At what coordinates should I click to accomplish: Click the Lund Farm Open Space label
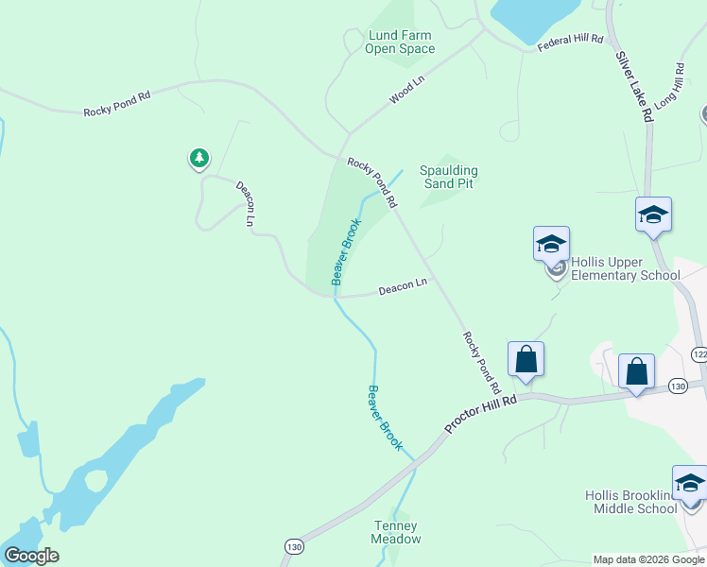[400, 43]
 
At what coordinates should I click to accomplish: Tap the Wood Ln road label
[407, 92]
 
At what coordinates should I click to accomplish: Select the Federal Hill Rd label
[570, 43]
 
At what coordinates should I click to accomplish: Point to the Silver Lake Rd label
[634, 86]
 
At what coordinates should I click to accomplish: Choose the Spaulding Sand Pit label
[449, 177]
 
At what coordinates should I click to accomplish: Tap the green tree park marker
[198, 158]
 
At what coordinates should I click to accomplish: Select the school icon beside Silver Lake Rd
[653, 215]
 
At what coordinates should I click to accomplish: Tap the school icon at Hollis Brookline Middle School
[690, 483]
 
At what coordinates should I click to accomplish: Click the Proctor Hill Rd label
[482, 414]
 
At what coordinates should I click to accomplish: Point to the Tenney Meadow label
[397, 532]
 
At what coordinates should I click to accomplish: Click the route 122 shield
[699, 353]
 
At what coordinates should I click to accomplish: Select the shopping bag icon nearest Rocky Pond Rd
[526, 359]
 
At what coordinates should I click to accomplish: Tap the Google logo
[31, 556]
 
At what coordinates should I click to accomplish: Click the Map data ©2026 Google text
[649, 559]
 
